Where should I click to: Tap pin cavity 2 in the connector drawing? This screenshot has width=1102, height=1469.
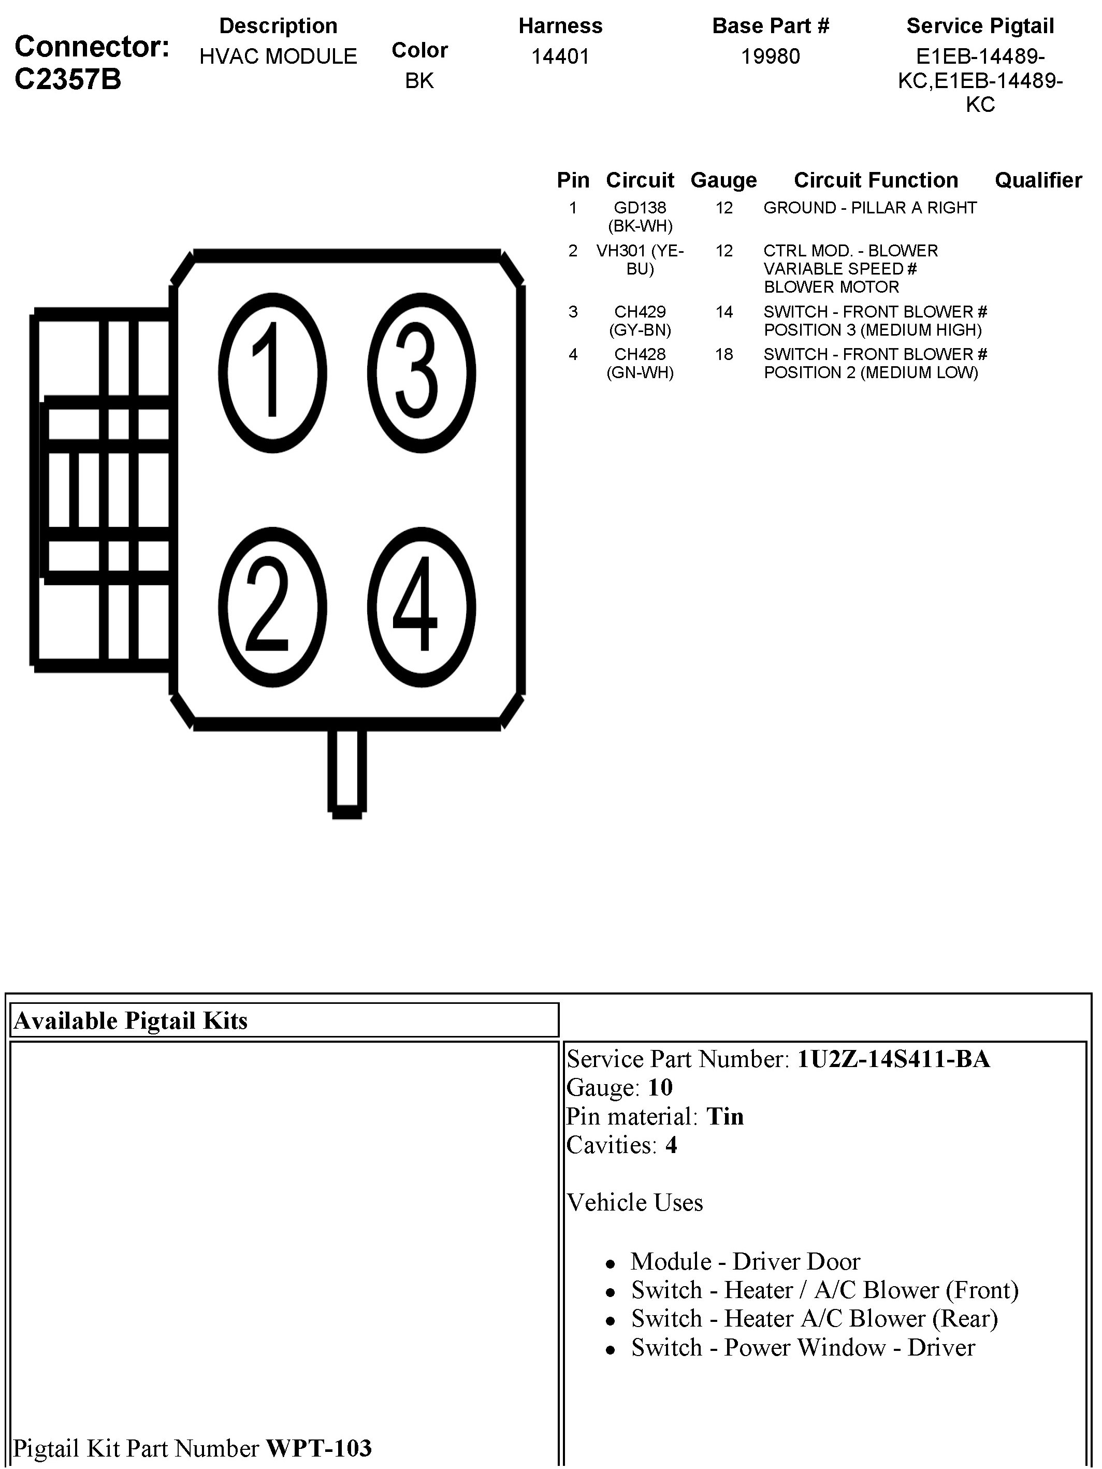pyautogui.click(x=272, y=607)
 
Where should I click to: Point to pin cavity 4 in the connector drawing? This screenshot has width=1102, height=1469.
pyautogui.click(x=421, y=607)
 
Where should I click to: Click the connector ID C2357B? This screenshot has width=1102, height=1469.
pyautogui.click(x=68, y=80)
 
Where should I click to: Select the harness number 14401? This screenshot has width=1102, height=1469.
pyautogui.click(x=560, y=56)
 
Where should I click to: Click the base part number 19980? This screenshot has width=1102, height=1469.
pyautogui.click(x=770, y=56)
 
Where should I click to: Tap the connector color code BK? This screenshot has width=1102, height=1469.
pyautogui.click(x=419, y=80)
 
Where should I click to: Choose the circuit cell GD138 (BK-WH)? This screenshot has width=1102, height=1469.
pyautogui.click(x=640, y=217)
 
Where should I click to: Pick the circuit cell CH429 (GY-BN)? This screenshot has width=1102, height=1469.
pyautogui.click(x=640, y=321)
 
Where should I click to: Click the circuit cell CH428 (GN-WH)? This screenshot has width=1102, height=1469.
pyautogui.click(x=640, y=363)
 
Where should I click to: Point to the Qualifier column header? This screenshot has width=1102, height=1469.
pyautogui.click(x=1038, y=180)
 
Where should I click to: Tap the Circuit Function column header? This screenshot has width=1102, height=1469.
pyautogui.click(x=876, y=180)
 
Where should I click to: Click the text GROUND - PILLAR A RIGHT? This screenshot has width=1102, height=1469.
pyautogui.click(x=869, y=208)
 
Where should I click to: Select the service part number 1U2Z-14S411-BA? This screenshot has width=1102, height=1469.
pyautogui.click(x=893, y=1059)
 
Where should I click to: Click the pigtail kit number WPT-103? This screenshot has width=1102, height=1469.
pyautogui.click(x=318, y=1447)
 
